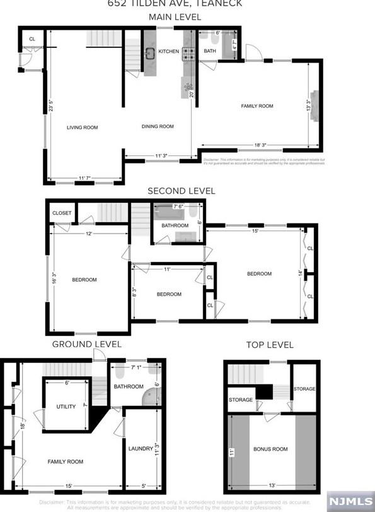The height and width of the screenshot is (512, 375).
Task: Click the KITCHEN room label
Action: click(168, 51)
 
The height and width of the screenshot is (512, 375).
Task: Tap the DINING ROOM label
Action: click(158, 126)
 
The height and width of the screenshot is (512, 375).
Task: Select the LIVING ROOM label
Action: click(83, 128)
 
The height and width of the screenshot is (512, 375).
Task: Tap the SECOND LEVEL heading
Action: click(181, 191)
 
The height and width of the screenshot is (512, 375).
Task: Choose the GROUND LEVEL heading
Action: click(86, 344)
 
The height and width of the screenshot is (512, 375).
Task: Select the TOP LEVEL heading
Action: click(270, 345)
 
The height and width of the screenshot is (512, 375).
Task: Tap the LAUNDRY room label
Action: click(141, 449)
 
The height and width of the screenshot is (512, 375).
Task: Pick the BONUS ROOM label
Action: click(270, 449)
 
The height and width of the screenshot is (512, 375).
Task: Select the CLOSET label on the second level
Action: click(61, 213)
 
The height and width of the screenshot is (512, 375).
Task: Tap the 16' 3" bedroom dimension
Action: click(54, 278)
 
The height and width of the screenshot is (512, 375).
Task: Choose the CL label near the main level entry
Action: click(32, 40)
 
